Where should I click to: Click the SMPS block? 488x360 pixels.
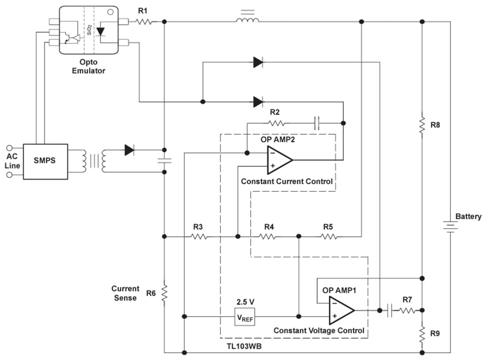45,161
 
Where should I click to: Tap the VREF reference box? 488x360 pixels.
245,316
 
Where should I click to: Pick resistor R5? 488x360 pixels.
328,237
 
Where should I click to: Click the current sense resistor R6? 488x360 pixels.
165,293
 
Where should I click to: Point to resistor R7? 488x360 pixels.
407,311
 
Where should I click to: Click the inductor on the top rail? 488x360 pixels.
248,20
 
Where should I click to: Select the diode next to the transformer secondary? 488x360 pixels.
130,150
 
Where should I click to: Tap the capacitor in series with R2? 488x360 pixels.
316,123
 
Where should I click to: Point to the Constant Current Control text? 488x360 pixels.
287,181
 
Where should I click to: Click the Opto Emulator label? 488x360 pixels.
89,66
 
